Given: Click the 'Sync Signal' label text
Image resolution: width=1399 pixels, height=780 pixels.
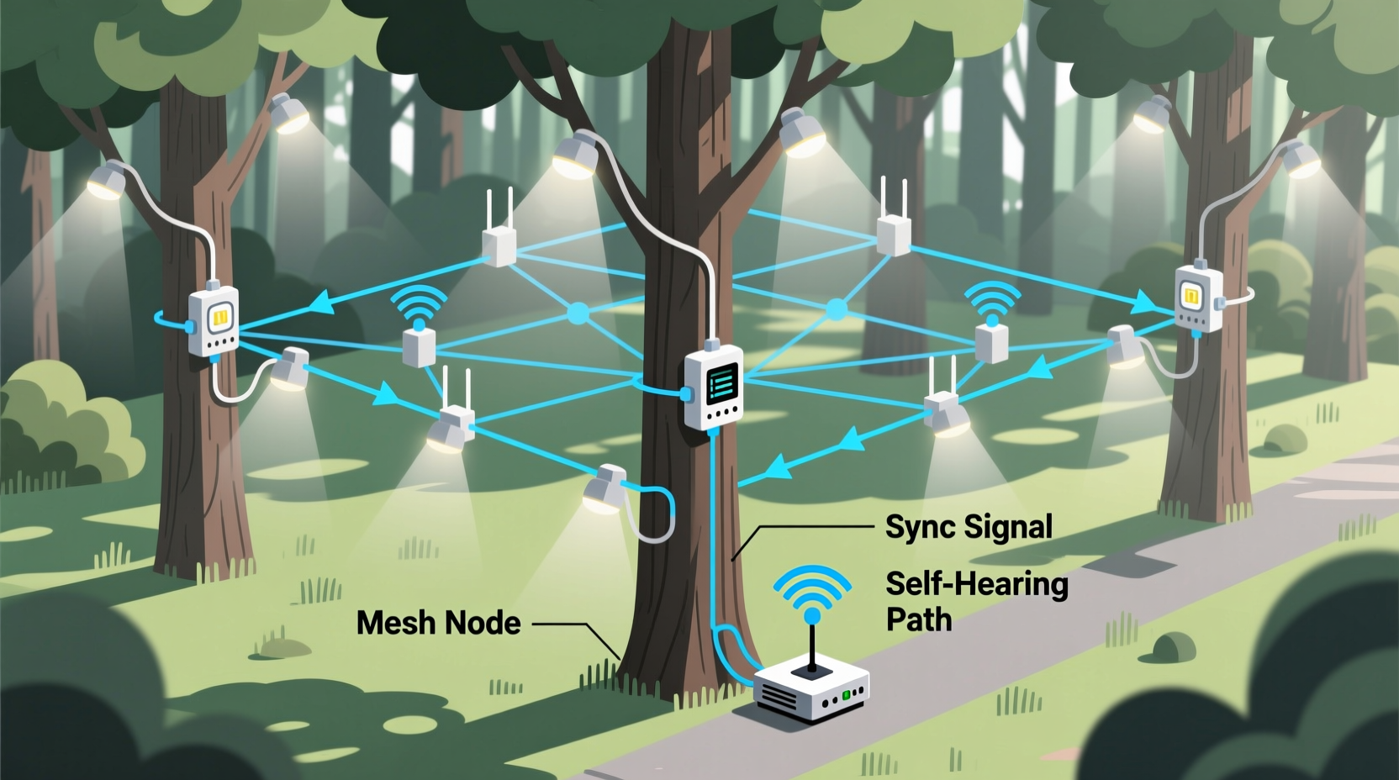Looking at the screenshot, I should [969, 527].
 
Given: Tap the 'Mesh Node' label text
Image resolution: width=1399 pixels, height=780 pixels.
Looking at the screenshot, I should [438, 623].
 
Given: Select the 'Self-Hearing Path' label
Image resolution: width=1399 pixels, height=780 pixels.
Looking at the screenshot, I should [975, 601].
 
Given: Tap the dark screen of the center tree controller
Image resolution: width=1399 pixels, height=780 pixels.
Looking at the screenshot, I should [721, 385].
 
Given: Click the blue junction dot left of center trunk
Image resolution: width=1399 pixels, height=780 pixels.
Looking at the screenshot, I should [578, 314].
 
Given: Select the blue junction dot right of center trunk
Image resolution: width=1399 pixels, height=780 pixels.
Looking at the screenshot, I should [836, 310].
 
